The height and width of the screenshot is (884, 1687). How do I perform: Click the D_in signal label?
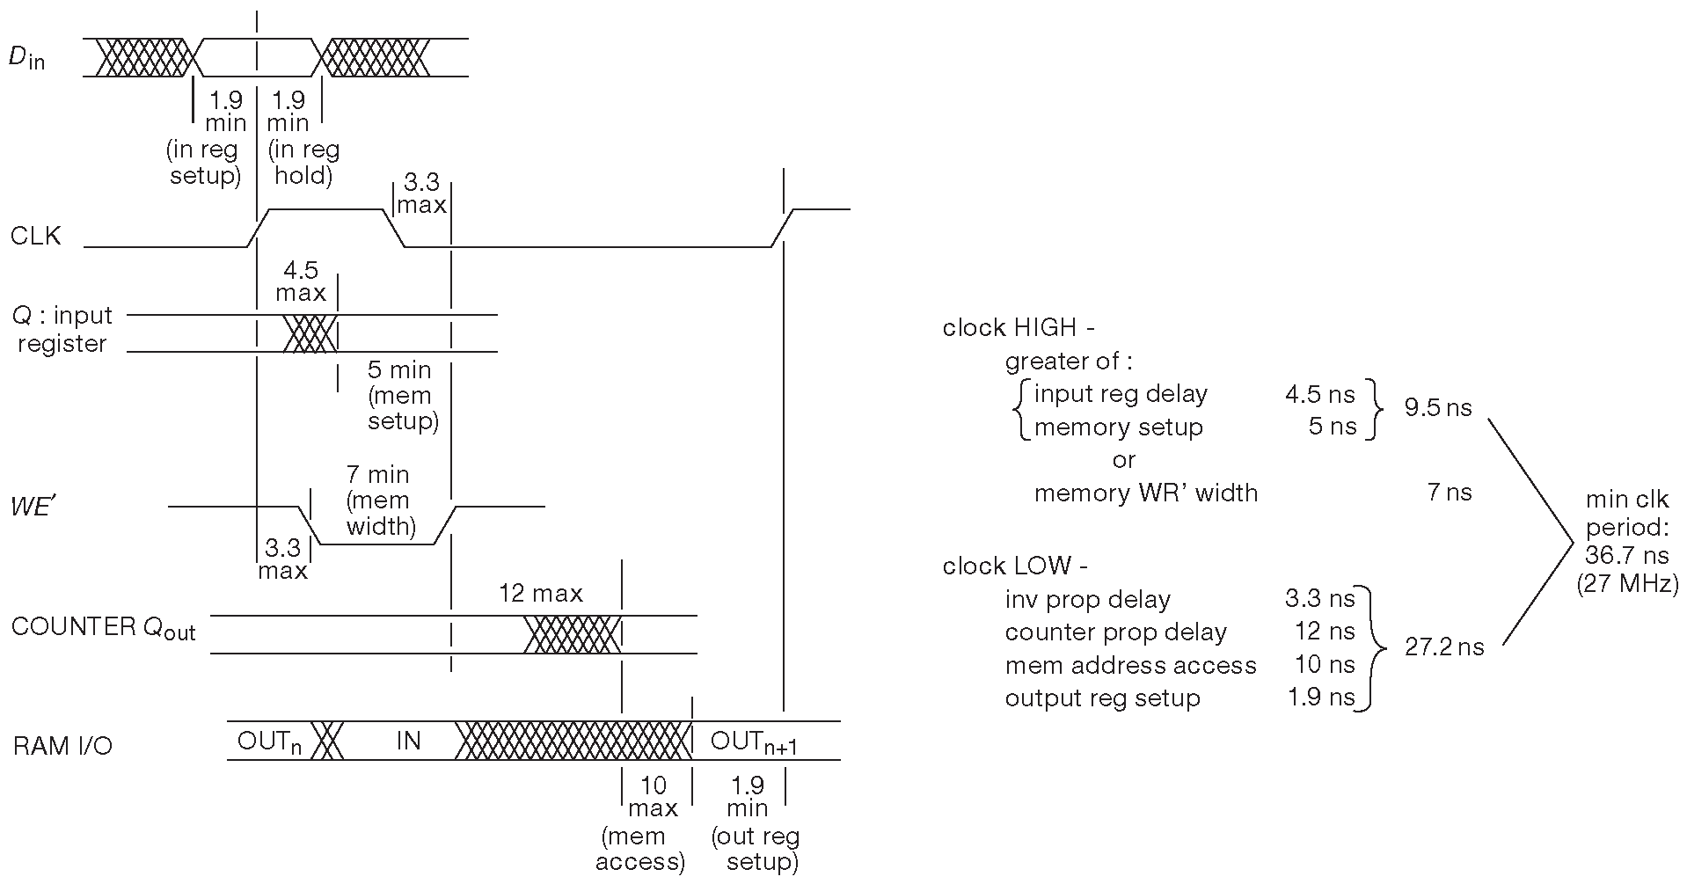26,58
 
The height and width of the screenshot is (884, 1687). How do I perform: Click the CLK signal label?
36,236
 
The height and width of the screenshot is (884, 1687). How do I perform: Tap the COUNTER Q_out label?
103,628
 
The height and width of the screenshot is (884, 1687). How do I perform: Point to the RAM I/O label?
62,746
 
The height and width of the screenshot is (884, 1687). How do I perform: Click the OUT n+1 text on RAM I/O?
753,742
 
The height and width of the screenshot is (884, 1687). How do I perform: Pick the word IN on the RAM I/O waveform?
408,741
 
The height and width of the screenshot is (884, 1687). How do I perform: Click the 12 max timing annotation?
540,594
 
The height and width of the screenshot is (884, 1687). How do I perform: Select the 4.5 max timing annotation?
301,281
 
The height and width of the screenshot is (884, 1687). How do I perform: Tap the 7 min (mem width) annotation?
378,500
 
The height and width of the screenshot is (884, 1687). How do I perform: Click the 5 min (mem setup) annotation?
401,395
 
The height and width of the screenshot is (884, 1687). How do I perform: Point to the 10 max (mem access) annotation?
643,822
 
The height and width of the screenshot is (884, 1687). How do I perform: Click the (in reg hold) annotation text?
303,163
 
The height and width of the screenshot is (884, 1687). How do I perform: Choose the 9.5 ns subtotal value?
1437,408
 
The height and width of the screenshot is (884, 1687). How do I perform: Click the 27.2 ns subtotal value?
1444,647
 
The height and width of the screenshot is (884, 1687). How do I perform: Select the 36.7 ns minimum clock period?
1626,555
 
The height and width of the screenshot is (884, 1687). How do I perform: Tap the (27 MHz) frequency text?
1627,583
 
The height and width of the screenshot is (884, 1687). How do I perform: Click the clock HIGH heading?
1018,328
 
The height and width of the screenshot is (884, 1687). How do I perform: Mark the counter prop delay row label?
1115,632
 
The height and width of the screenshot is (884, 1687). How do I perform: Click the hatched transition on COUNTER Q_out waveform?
572,634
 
